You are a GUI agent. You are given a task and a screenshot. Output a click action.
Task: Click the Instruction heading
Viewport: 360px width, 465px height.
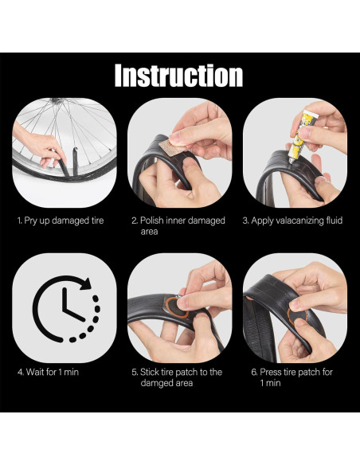(178, 76)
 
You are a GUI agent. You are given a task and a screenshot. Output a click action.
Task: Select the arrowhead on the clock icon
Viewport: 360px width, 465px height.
(86, 283)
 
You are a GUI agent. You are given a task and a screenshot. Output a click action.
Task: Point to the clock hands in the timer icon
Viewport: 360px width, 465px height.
(71, 306)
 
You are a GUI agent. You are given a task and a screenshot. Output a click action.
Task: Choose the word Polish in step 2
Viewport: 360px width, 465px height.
(151, 221)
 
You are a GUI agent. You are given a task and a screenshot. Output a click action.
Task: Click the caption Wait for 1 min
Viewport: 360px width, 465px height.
(48, 372)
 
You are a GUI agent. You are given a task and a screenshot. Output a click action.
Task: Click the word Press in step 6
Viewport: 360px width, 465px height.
(271, 372)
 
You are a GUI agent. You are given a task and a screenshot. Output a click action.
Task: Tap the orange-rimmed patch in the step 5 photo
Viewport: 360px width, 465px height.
(177, 307)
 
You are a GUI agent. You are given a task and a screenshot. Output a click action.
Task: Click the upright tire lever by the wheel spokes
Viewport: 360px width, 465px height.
(76, 161)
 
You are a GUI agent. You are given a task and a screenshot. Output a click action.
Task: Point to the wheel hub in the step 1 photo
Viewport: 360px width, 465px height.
(57, 100)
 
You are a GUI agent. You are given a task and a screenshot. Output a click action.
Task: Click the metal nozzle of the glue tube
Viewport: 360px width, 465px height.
(292, 160)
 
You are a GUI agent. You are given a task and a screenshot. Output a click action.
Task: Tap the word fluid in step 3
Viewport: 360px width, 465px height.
(335, 221)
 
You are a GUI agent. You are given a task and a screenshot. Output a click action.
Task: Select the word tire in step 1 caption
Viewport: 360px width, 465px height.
(96, 221)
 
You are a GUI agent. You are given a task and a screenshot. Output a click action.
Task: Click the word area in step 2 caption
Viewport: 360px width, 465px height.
(149, 232)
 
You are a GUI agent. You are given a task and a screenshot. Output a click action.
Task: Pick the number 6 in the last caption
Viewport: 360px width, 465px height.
(253, 372)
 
